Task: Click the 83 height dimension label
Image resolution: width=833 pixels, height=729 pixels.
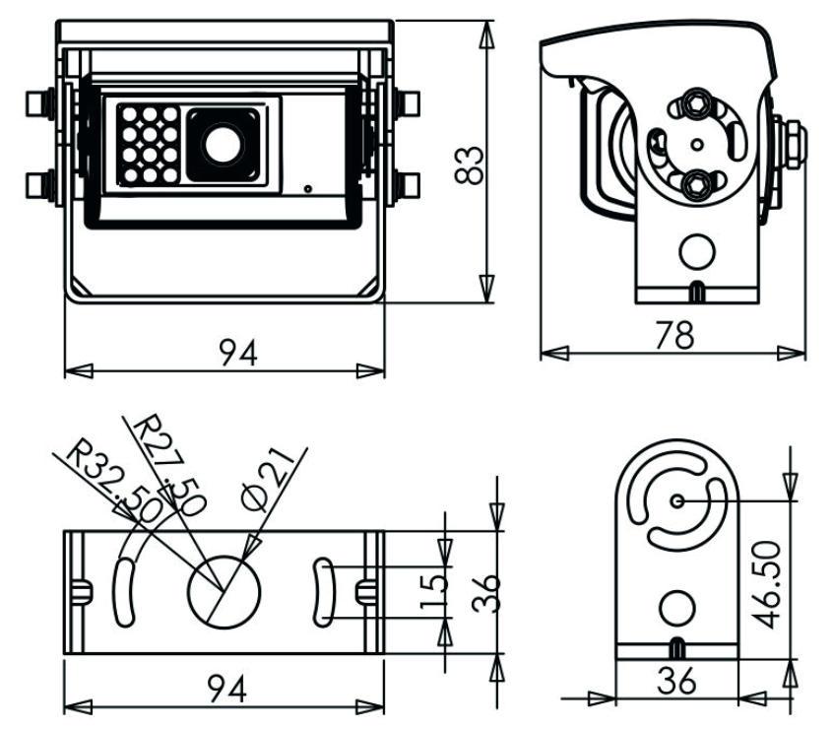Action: tap(470, 164)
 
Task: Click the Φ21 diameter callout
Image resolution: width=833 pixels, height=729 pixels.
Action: tap(264, 478)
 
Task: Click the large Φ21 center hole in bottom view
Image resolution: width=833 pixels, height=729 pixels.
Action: tap(224, 591)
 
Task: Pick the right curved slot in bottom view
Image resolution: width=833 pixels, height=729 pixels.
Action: tap(325, 589)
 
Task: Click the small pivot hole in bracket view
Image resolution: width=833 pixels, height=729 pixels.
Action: tap(677, 500)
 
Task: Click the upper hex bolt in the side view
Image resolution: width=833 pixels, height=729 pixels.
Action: tap(696, 102)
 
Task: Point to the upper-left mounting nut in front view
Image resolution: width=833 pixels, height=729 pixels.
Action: tap(40, 102)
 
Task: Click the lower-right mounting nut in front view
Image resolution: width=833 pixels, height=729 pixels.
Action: tap(409, 184)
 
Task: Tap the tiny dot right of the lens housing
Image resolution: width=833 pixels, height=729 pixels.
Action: tap(308, 187)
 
